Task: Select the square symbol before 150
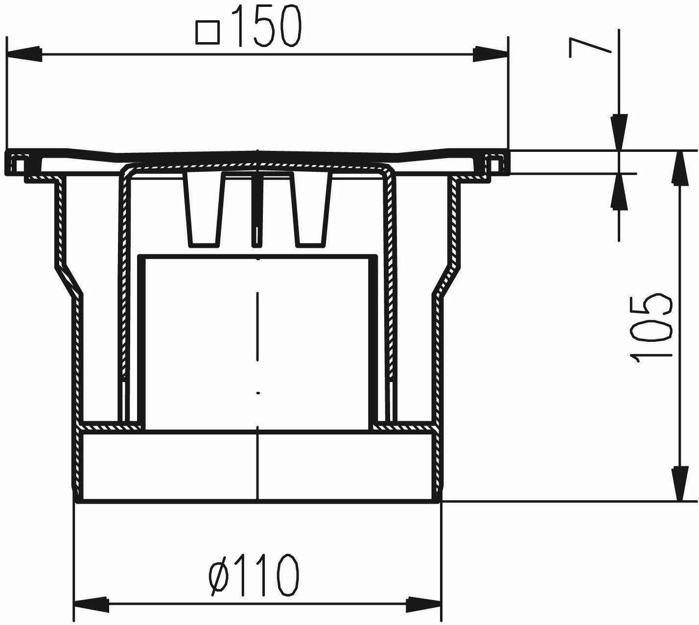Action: [208, 32]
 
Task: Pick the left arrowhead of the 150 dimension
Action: [24, 54]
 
